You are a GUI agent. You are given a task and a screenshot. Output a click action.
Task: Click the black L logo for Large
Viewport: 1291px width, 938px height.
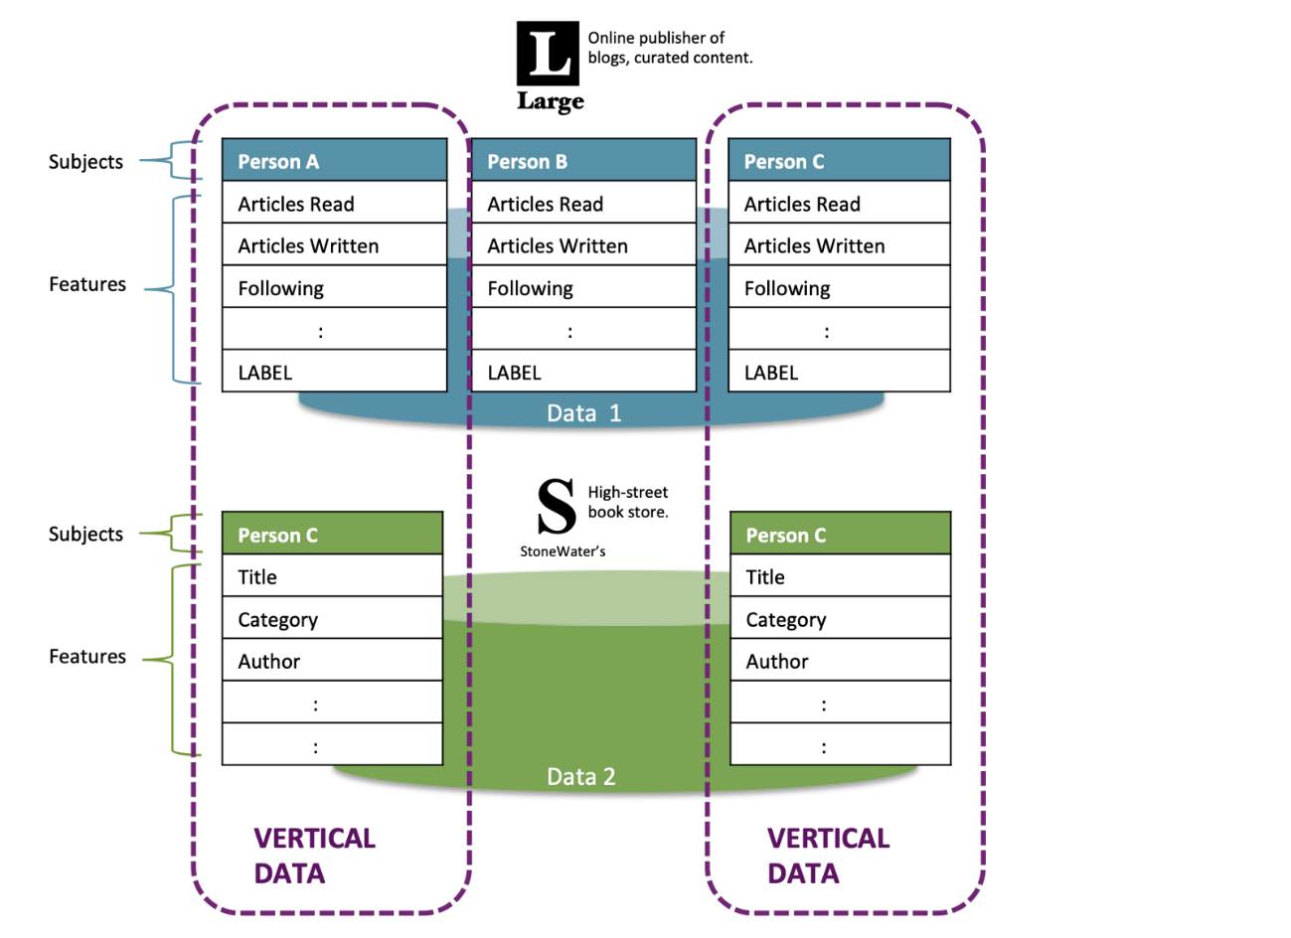tap(547, 54)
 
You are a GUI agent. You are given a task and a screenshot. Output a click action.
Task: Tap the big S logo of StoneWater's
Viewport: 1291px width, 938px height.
tap(556, 507)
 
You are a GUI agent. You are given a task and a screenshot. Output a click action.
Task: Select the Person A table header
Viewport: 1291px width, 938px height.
tap(334, 161)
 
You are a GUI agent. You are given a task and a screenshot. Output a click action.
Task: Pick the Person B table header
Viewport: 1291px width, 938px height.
tap(583, 161)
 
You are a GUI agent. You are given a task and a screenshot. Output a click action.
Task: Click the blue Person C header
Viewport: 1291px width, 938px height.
tap(839, 161)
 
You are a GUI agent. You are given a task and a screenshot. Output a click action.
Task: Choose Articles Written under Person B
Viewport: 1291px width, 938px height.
tap(583, 245)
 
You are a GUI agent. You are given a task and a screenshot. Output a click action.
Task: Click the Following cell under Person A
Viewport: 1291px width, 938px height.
tap(334, 288)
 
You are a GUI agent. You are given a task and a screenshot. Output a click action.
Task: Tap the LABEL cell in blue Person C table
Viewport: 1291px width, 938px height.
tap(839, 373)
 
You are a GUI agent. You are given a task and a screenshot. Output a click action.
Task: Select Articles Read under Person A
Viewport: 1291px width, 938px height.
tap(334, 204)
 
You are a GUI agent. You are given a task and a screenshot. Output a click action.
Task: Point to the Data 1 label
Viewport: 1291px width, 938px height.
tap(583, 413)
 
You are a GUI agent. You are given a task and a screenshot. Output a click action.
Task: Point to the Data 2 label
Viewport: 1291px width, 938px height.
tap(581, 777)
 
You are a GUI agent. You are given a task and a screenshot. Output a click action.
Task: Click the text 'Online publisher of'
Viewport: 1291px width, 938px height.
tap(656, 38)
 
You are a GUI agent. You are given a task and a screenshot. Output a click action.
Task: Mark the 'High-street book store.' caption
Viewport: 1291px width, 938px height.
tap(628, 502)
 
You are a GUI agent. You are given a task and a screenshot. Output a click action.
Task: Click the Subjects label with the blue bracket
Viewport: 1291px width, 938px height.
tap(86, 162)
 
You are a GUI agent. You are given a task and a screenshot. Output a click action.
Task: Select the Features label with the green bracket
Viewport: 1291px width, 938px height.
tap(87, 657)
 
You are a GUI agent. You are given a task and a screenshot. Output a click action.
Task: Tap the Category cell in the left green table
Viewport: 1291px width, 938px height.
tap(332, 619)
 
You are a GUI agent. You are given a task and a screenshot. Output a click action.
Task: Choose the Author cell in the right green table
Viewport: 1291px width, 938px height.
tap(840, 662)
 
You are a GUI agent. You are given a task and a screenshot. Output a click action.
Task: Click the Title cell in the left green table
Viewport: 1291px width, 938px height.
tap(332, 576)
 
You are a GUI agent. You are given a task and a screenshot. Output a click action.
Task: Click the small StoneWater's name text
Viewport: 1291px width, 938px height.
tap(563, 551)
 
